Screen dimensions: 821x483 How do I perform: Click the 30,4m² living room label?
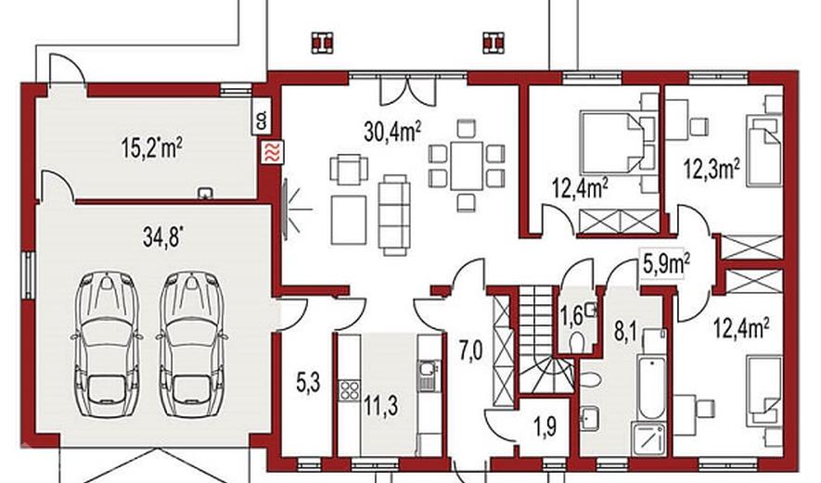point(392,131)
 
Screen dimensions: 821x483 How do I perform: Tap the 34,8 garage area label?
point(164,236)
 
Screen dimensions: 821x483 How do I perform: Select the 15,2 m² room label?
point(151,147)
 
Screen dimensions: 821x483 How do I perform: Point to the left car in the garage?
point(107,343)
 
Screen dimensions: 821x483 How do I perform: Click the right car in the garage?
point(192,343)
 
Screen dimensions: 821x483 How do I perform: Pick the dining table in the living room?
point(467,165)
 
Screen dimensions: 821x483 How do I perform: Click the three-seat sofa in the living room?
point(395,215)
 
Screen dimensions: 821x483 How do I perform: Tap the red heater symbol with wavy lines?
point(274,153)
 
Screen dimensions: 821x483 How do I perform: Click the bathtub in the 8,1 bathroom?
point(651,388)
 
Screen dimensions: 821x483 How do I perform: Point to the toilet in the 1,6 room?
point(578,343)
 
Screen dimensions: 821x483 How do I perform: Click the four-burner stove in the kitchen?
point(349,390)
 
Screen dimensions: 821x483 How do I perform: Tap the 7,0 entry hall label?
point(470,350)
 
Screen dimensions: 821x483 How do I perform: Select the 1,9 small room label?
point(545,426)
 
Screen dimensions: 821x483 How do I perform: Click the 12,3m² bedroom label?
point(711,169)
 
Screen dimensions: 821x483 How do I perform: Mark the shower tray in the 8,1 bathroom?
point(649,439)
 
